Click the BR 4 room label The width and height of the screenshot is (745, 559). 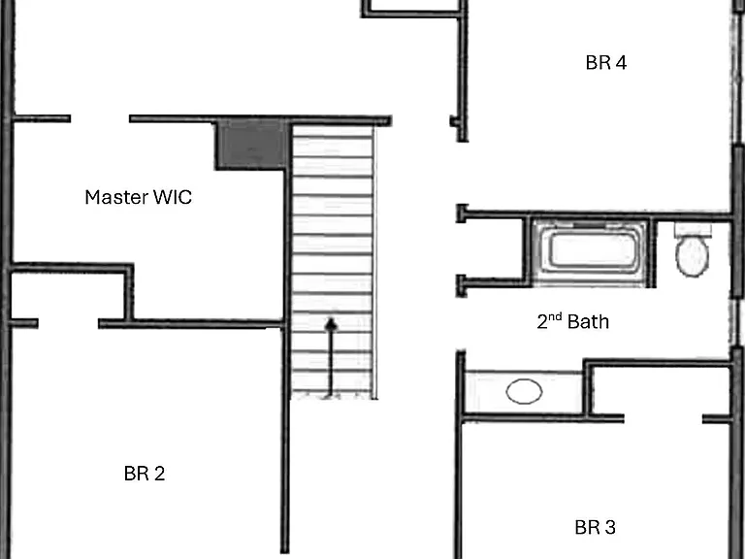click(605, 63)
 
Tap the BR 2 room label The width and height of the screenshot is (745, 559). click(145, 474)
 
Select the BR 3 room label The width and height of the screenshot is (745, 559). click(595, 527)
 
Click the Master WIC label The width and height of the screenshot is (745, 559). click(139, 197)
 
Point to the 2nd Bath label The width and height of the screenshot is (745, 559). click(573, 321)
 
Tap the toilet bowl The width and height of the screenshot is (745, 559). click(693, 256)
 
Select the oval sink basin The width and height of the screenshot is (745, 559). click(524, 391)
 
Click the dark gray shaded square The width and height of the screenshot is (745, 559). click(252, 145)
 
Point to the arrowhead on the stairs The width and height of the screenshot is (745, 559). click(331, 324)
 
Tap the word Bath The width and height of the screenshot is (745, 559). click(588, 322)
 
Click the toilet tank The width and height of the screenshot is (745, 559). click(693, 230)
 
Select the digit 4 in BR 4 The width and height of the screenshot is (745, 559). click(621, 63)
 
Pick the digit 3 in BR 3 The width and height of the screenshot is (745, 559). click(609, 527)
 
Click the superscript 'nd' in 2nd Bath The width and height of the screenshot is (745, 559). click(556, 317)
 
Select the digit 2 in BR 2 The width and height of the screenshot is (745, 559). click(159, 474)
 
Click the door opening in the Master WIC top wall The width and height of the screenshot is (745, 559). click(100, 118)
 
